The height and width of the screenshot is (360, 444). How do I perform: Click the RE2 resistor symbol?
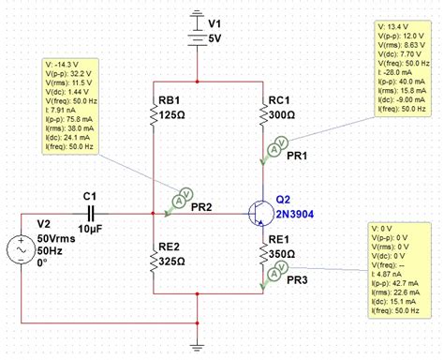pos(152,254)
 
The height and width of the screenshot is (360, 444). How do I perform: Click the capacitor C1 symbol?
pos(91,213)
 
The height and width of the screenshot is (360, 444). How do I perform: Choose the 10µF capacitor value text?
pos(91,229)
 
